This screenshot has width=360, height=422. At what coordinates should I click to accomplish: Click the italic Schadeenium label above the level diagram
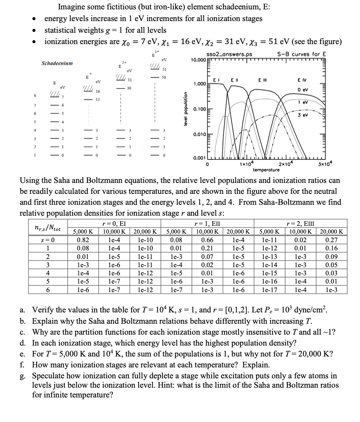tap(56, 63)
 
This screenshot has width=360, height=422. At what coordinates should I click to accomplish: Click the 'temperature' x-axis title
tap(266, 170)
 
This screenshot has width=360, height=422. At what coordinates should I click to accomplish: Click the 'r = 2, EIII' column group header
tap(301, 223)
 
